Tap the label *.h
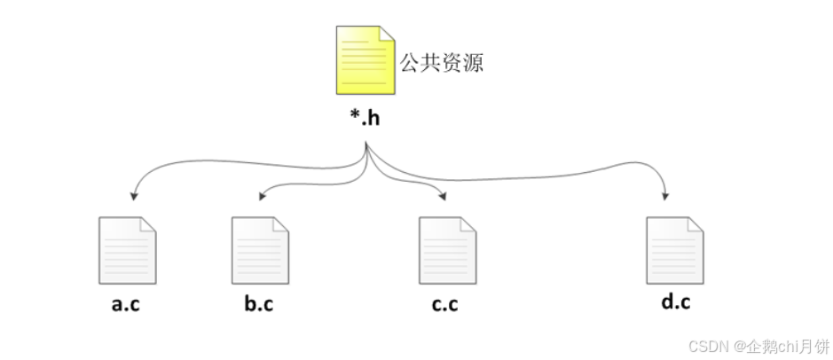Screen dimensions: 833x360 tap(365, 118)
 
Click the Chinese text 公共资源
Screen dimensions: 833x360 tap(441, 63)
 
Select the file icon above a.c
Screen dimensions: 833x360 tap(126, 247)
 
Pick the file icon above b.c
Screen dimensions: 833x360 tap(259, 247)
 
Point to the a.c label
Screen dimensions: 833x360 tap(126, 305)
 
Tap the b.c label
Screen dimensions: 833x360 tap(258, 305)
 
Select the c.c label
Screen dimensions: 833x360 tap(445, 305)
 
